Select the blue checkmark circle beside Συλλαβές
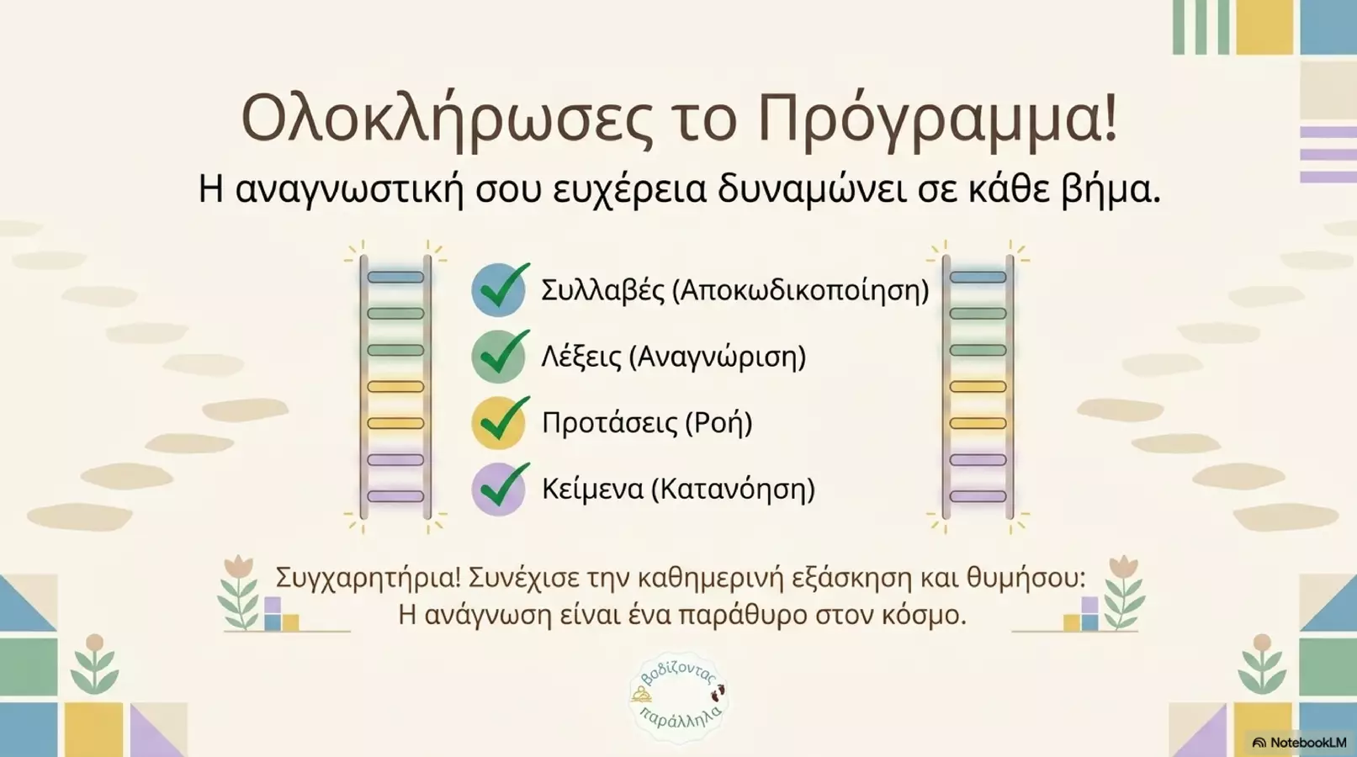[x=499, y=289]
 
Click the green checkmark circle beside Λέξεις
[x=499, y=356]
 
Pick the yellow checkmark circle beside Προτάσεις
[x=499, y=423]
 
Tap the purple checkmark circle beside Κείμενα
[x=499, y=489]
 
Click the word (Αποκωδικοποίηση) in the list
[x=801, y=291]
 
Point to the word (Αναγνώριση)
[x=718, y=357]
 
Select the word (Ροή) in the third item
[x=719, y=423]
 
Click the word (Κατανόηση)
[x=733, y=490]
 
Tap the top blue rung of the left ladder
[x=395, y=278]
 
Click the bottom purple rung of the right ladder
[x=978, y=496]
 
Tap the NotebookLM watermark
[x=1300, y=743]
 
